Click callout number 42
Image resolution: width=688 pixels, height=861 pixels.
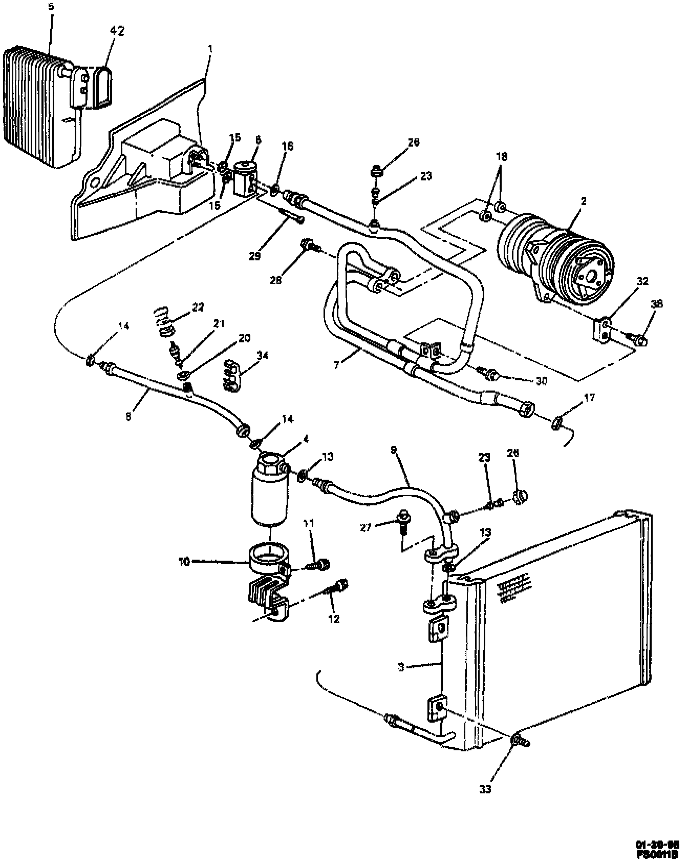[x=117, y=31]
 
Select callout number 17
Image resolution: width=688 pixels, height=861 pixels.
[x=590, y=397]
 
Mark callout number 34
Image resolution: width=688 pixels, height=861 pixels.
[x=263, y=355]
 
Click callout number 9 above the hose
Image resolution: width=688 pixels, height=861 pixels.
[x=393, y=450]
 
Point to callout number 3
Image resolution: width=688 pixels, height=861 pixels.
[x=402, y=667]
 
